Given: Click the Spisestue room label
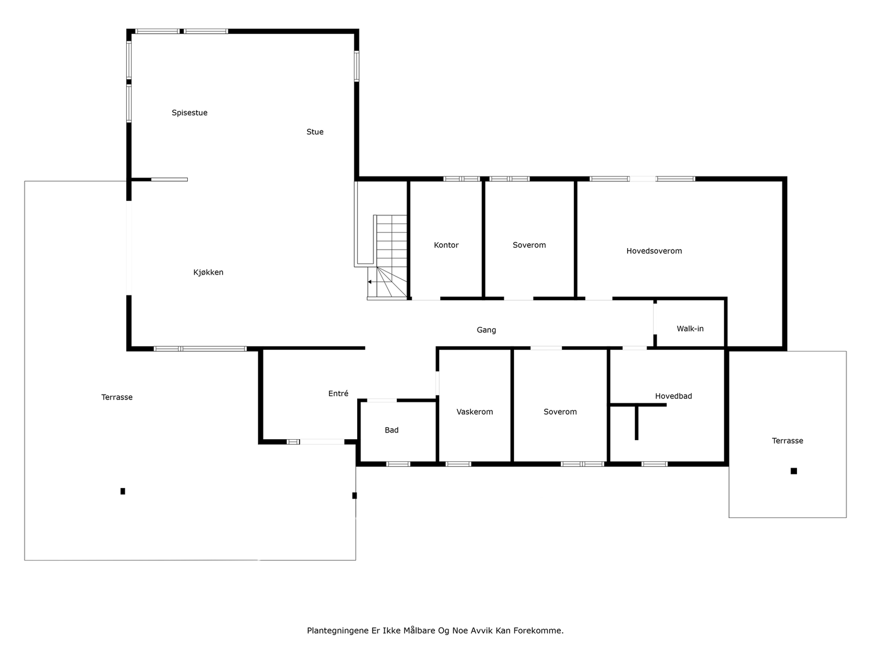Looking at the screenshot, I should (189, 113).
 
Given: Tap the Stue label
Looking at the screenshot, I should (315, 132).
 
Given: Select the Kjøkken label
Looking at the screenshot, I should (208, 272).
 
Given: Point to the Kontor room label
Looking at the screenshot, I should (446, 245).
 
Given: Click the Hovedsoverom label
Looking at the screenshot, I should (654, 251).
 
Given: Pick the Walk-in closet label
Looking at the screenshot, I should (690, 329).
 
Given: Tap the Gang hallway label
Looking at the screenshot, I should (486, 330).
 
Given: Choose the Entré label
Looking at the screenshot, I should (338, 393).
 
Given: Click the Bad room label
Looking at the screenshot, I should (391, 430).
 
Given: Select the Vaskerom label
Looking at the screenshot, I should (475, 412).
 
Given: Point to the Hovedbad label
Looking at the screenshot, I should (673, 396).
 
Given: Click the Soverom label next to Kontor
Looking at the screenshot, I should (529, 245).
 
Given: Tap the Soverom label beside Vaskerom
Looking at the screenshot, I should (560, 412).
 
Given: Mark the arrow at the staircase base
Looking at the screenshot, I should (370, 282).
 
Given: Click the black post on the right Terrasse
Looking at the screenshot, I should (794, 471).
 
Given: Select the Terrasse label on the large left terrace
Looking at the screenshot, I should (116, 397).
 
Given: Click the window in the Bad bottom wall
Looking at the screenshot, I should (398, 464).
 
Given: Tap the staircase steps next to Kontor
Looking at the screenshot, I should (391, 239).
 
